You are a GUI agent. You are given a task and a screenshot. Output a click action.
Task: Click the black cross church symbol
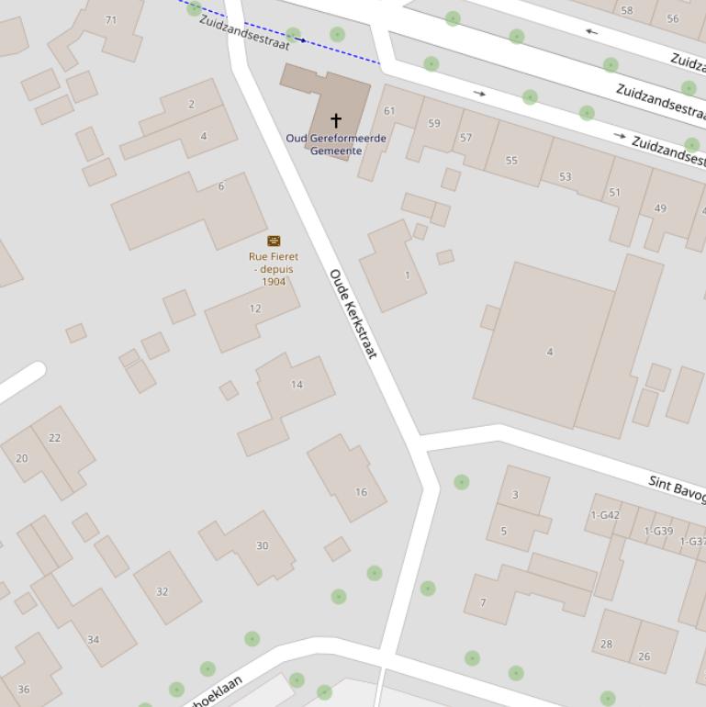(336, 120)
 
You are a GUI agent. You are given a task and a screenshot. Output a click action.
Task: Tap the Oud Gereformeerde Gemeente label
(336, 144)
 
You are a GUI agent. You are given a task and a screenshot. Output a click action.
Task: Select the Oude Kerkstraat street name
(353, 314)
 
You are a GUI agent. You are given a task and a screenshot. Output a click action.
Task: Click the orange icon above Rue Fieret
(274, 241)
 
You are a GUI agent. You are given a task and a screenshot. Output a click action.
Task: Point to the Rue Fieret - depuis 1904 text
(274, 269)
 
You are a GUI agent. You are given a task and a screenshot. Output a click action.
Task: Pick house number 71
(111, 20)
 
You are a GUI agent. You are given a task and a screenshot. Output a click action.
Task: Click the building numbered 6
(221, 186)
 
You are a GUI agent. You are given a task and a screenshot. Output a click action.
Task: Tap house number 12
(255, 309)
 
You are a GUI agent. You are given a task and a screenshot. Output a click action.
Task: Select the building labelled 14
(297, 385)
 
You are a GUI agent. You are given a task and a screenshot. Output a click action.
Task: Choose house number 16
(361, 492)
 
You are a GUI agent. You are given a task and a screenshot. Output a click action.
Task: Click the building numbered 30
(262, 546)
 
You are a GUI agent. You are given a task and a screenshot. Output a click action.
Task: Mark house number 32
(162, 592)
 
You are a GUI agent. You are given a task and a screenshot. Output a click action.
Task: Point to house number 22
(54, 438)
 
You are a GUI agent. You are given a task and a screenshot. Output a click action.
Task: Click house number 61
(389, 111)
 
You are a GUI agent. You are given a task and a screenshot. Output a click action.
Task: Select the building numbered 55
(511, 161)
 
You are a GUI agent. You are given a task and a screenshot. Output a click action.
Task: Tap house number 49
(660, 208)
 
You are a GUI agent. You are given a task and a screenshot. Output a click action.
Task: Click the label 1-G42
(605, 515)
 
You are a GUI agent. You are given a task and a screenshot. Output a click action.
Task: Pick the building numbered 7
(483, 603)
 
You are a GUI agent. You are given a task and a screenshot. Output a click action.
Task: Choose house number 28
(606, 645)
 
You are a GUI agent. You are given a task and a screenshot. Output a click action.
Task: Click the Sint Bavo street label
(677, 488)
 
